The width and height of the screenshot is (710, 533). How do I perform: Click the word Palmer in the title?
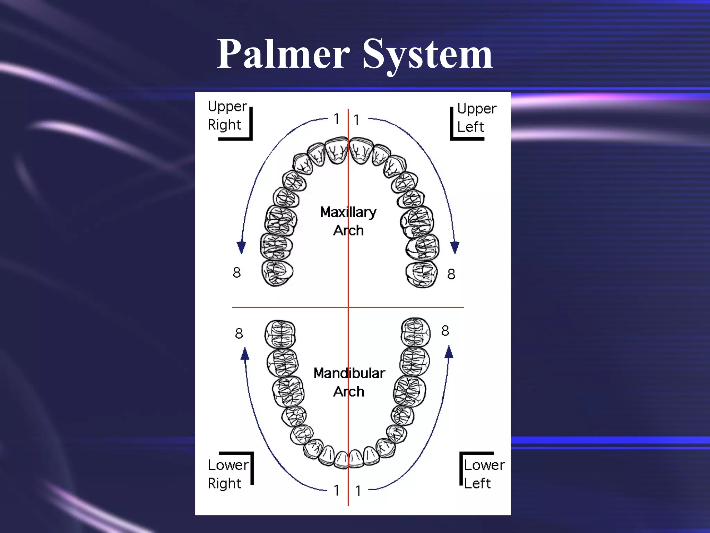[283, 54]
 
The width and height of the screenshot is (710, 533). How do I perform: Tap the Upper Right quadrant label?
[227, 116]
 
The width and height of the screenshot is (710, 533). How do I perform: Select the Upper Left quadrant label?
[477, 118]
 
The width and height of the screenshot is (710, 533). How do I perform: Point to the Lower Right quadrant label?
[228, 474]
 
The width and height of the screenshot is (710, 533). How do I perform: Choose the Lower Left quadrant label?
[484, 474]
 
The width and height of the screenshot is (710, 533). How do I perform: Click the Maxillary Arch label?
[348, 221]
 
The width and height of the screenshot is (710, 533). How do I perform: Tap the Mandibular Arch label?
[349, 382]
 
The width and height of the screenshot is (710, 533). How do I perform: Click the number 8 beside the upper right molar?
[237, 272]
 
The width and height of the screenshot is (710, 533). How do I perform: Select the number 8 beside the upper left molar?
[451, 274]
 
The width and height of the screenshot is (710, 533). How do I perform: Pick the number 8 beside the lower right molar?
[239, 333]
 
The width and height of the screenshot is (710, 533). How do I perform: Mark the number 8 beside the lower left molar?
[445, 331]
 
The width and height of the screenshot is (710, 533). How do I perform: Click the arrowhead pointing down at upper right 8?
[241, 247]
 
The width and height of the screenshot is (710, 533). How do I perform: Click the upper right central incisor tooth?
[336, 150]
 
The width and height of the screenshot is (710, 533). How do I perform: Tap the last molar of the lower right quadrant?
[280, 334]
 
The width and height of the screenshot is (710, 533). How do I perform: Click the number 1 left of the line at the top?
[337, 119]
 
